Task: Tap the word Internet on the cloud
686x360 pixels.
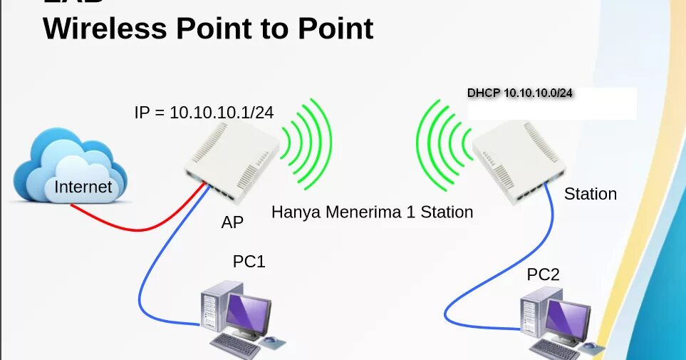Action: click(x=83, y=187)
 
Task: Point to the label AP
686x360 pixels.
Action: click(x=232, y=223)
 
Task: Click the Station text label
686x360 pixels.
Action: click(x=590, y=194)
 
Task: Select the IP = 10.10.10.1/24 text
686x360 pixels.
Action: click(x=204, y=113)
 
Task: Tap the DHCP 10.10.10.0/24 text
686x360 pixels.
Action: click(x=520, y=93)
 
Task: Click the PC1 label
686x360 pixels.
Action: click(x=249, y=262)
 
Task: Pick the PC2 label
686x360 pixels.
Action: click(x=543, y=274)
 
